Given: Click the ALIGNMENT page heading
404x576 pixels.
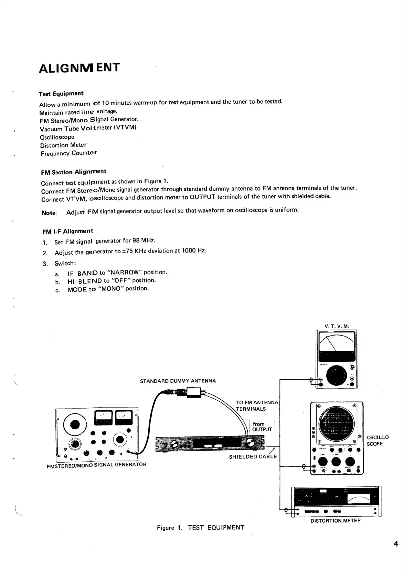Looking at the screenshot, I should (x=79, y=68).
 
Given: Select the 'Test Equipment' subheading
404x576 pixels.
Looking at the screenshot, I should (x=61, y=94).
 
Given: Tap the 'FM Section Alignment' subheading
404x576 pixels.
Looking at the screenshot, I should (x=73, y=172).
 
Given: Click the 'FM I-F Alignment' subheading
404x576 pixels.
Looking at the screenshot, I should (x=67, y=231).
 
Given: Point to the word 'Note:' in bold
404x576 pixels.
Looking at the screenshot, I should (x=49, y=213).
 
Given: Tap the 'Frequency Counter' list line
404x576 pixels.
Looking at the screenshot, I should (x=68, y=153).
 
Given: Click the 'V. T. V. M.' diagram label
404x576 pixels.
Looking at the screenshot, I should (x=337, y=326).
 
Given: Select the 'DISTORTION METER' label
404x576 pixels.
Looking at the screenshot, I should (x=336, y=521).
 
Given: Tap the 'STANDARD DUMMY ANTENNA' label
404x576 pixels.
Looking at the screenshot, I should (x=178, y=381).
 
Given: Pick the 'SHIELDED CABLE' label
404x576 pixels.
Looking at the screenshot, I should (x=253, y=457).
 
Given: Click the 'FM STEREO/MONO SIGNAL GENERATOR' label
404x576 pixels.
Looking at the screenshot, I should (x=96, y=465).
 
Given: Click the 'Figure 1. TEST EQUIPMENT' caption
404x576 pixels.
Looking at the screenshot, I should (x=200, y=527).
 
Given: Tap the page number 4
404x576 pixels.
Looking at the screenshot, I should (x=396, y=544).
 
